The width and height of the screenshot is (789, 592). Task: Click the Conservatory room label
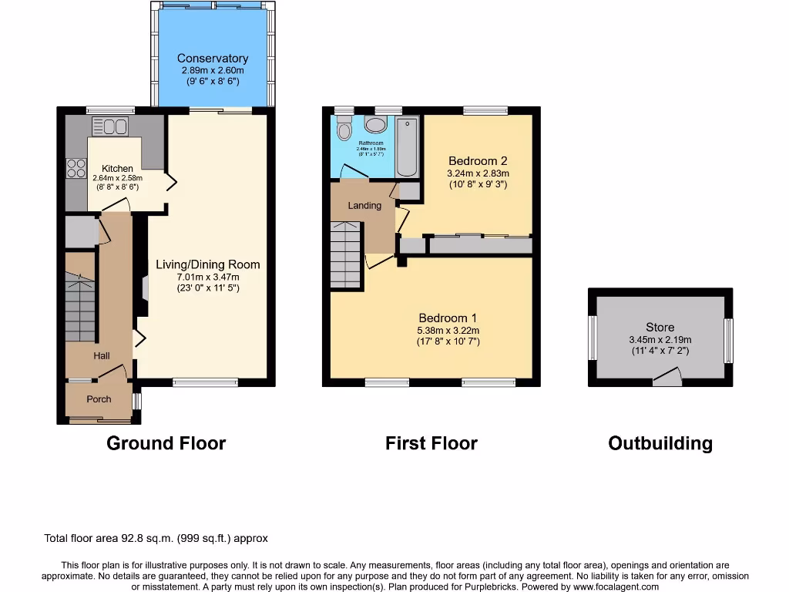[x=213, y=59]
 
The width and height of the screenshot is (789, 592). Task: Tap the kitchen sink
[x=110, y=126]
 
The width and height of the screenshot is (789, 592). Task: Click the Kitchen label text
[x=117, y=169]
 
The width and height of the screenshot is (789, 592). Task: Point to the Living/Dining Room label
[x=208, y=264]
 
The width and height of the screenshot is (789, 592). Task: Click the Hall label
[x=102, y=356]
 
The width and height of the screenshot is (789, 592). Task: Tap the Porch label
[x=99, y=399]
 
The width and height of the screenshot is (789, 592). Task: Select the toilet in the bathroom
[x=344, y=129]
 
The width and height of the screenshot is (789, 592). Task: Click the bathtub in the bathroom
[x=407, y=146]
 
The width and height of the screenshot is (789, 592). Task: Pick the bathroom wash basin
[x=377, y=126]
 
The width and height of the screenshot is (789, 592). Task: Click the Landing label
[x=364, y=206]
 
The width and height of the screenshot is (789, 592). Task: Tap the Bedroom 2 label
[x=478, y=161]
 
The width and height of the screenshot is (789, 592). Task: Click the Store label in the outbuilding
[x=660, y=328]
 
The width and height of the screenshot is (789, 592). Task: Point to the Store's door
[x=668, y=377]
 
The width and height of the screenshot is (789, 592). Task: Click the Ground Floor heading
[x=166, y=443]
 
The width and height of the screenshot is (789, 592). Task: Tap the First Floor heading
[x=431, y=443]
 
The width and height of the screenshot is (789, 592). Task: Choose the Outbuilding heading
[x=660, y=443]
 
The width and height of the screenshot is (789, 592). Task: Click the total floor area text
[x=156, y=539]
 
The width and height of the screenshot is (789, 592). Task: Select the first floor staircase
[x=346, y=254]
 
